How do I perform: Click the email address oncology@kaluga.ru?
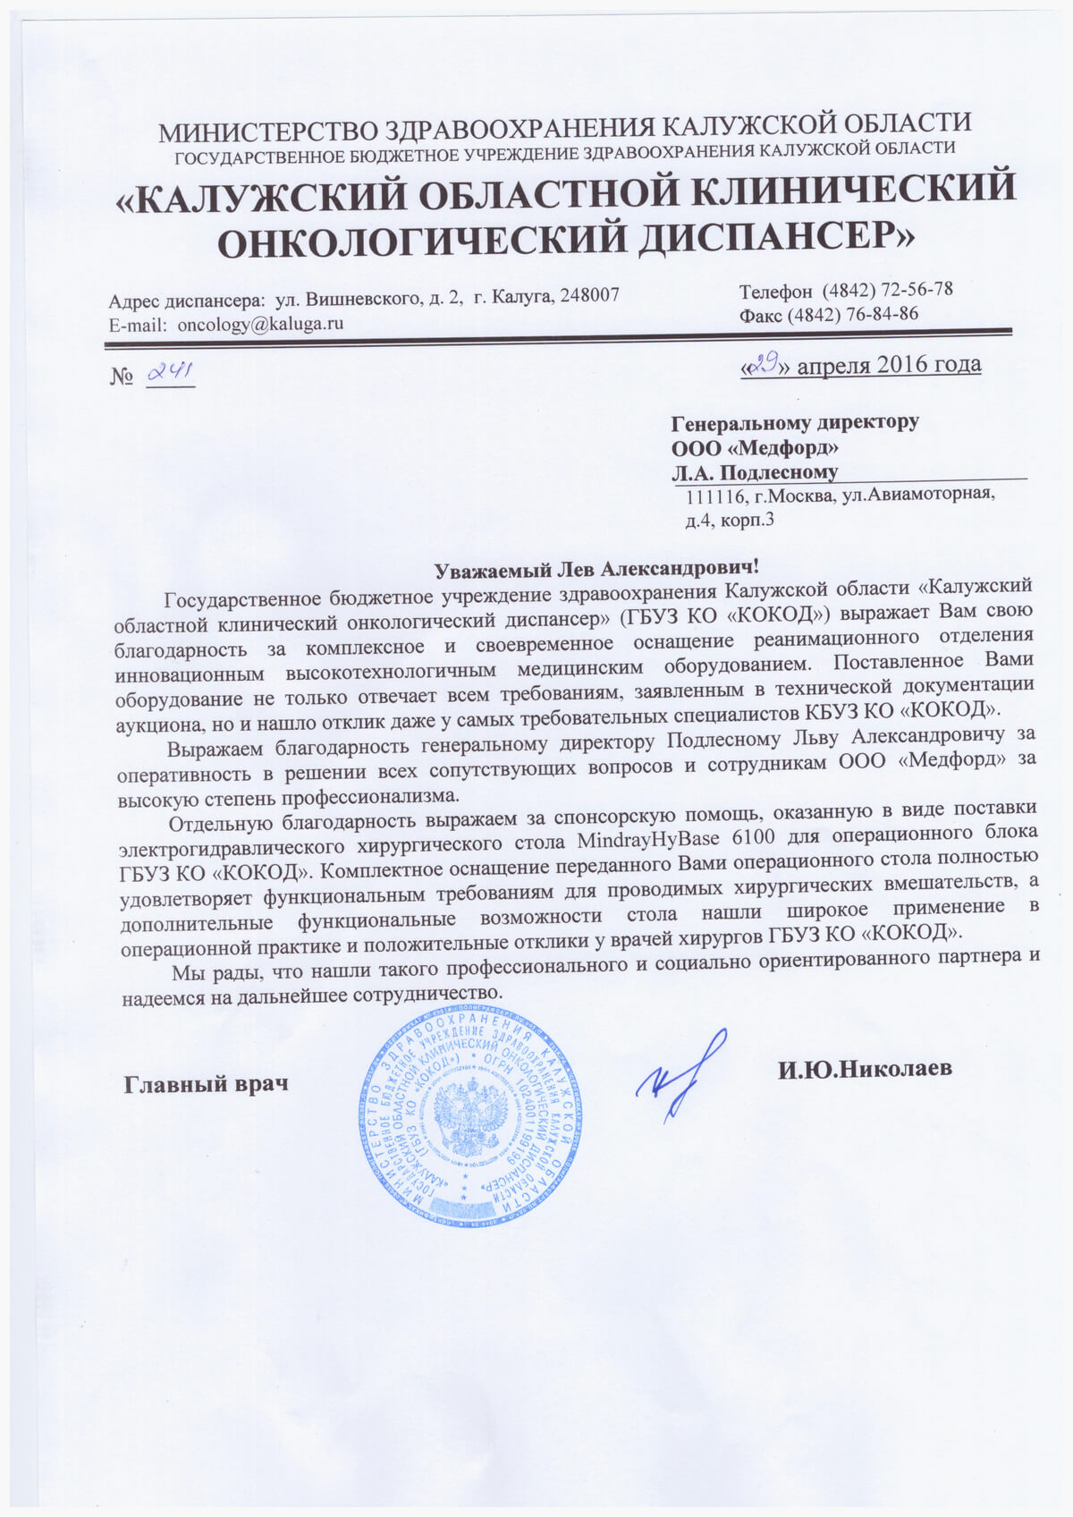tap(260, 325)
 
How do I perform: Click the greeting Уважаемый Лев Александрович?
tap(597, 568)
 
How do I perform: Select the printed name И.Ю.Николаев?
tap(865, 1068)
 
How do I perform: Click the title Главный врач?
tap(206, 1084)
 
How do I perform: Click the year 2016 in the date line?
tap(904, 364)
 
